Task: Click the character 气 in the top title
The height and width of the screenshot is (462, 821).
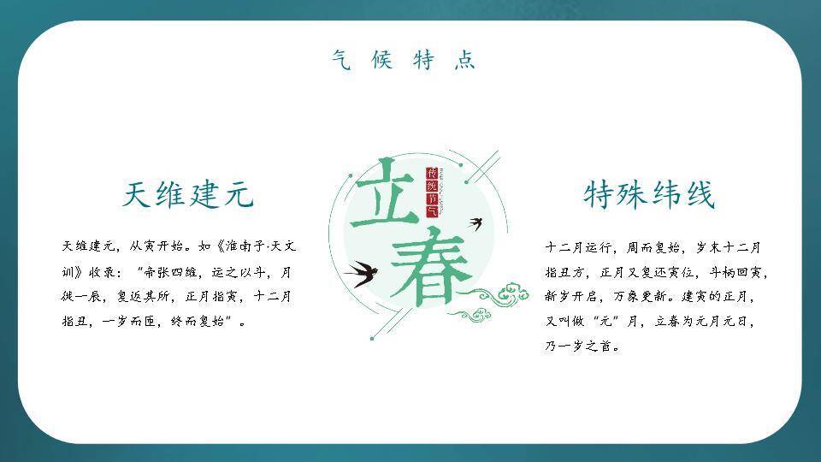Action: click(341, 60)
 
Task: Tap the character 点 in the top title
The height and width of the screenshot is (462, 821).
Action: click(464, 60)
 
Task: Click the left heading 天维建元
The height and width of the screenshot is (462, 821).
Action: click(188, 195)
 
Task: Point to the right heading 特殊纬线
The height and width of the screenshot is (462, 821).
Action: click(648, 195)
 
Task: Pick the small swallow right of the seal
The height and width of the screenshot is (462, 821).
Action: click(477, 224)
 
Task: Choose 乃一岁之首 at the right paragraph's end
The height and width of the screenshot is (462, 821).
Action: click(582, 347)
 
